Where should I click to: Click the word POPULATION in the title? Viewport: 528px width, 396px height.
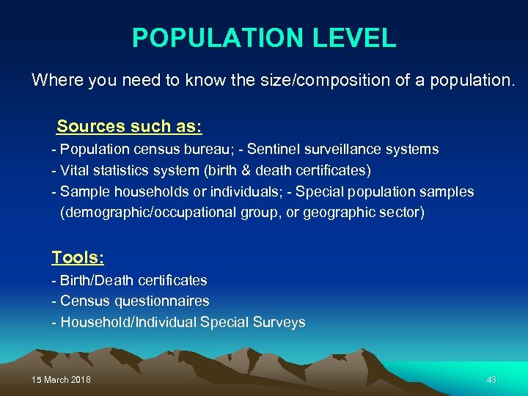point(213,37)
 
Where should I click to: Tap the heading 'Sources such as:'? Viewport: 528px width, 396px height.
point(129,126)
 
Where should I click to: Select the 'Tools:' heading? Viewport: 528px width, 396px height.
point(78,257)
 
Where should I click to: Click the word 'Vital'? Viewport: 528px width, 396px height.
point(77,171)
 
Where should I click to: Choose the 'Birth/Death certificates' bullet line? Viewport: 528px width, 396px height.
point(130,280)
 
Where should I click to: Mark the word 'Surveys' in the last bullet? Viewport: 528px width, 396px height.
point(279,323)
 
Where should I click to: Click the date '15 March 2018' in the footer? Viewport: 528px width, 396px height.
point(62,380)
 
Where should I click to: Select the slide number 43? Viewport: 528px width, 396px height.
point(491,380)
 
